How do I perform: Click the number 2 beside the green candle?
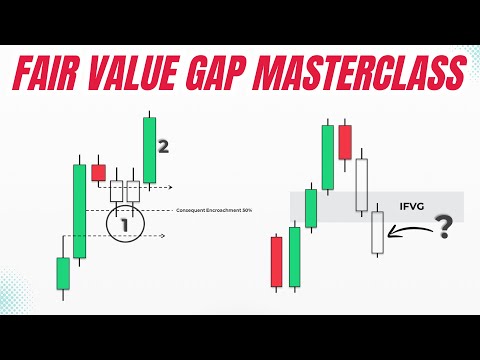tap(163, 146)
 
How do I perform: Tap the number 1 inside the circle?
tap(124, 225)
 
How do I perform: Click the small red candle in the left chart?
tap(98, 173)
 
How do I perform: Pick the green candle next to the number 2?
tap(149, 150)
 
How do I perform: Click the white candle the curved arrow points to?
tap(377, 231)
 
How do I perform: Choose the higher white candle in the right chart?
tap(361, 184)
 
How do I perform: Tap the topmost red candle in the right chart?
tap(344, 141)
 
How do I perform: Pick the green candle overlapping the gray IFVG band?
tap(311, 207)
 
